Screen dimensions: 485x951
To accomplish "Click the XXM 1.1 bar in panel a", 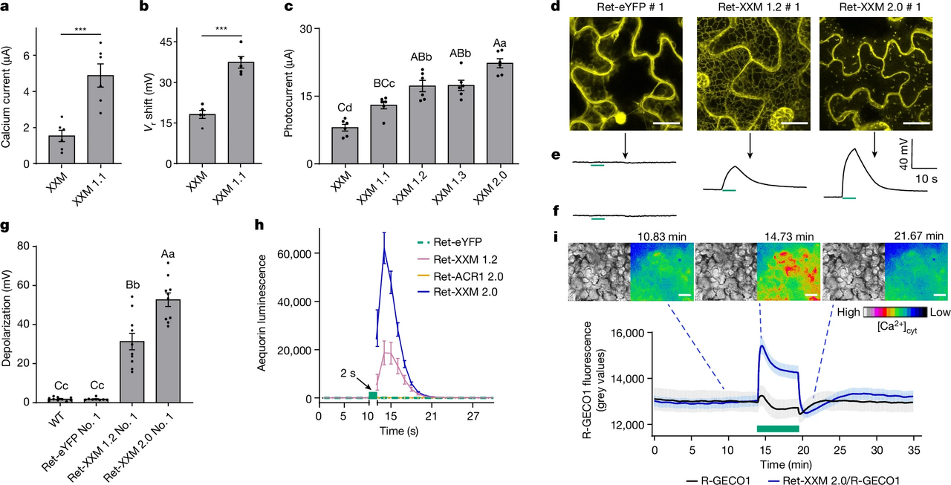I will coord(100,119).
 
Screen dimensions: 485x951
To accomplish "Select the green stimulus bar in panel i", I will coord(777,429).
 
